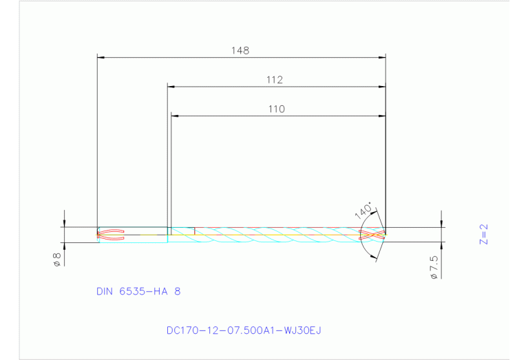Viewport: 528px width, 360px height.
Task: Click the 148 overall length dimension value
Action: [240, 50]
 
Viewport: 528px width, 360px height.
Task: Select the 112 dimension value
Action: [275, 80]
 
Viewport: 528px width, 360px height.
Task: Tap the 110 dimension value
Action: [276, 109]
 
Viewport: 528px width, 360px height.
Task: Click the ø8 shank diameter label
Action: [57, 259]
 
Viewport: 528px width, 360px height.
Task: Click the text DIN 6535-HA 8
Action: [138, 291]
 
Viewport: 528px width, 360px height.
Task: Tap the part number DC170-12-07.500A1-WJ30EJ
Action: [244, 330]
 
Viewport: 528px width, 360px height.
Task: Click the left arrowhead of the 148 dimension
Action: [101, 57]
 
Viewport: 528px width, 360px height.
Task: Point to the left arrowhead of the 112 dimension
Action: [171, 87]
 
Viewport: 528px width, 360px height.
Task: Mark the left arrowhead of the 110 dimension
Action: [174, 116]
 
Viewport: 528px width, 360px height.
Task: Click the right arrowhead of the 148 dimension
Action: [381, 57]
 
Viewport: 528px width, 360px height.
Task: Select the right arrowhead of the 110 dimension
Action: [381, 116]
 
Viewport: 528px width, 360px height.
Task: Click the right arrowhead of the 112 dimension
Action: [381, 87]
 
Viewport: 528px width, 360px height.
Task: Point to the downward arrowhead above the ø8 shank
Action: [63, 222]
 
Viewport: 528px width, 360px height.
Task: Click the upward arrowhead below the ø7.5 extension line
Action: [441, 245]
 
